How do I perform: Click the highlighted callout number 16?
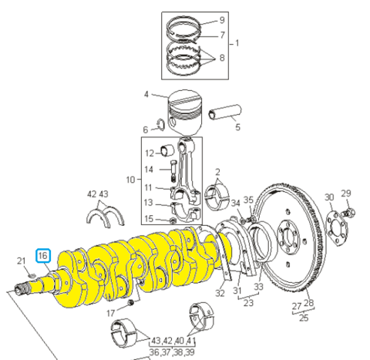43,255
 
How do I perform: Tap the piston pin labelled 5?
225,112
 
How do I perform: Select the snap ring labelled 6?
161,124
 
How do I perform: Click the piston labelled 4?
185,113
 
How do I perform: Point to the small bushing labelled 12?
167,150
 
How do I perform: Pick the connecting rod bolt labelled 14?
173,170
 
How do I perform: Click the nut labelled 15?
173,220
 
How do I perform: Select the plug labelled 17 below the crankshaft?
131,302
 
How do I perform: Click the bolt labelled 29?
348,213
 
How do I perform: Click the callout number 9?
222,20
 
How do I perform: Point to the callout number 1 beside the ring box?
237,43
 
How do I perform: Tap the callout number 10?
130,180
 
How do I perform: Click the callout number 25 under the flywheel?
304,318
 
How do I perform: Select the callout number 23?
248,303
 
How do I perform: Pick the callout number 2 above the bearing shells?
217,172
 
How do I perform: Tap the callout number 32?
220,293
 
